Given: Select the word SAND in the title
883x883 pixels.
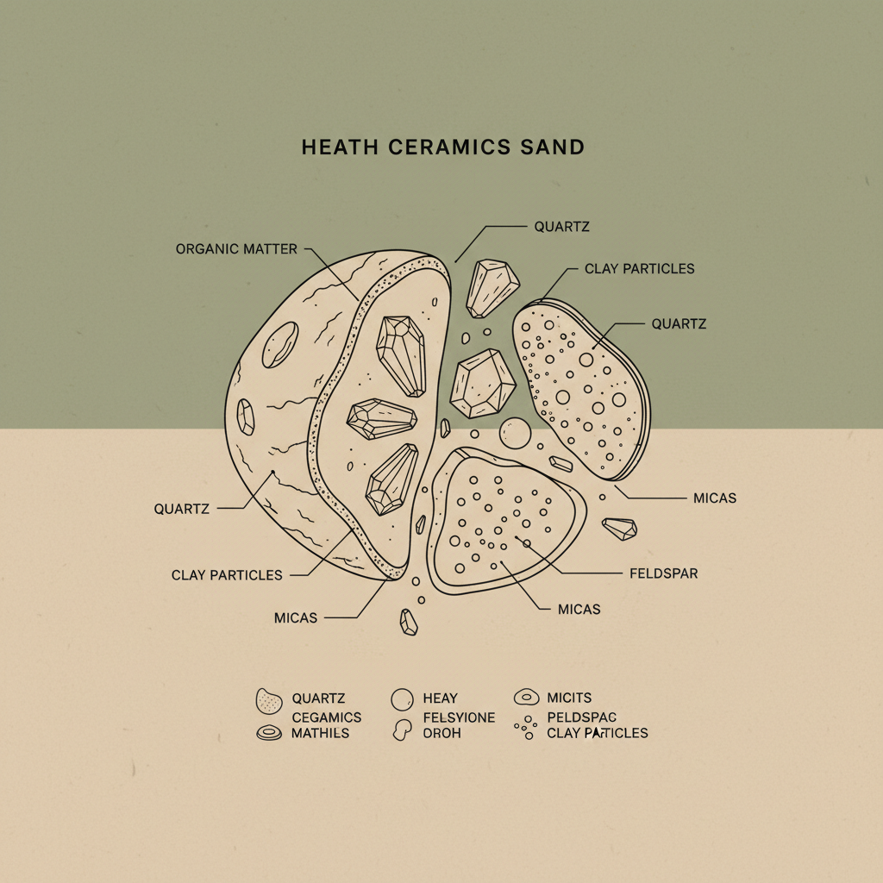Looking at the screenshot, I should click(553, 147).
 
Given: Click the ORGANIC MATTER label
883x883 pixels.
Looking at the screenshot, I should click(236, 249).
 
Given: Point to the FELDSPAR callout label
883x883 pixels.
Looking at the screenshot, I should click(663, 573).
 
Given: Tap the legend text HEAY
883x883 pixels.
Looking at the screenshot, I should click(440, 698).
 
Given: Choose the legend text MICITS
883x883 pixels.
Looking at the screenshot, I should click(569, 698).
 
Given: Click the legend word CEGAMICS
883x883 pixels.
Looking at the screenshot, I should click(327, 717).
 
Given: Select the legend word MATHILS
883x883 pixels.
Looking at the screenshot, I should click(321, 733).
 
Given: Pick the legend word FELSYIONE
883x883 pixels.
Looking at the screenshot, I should click(459, 717).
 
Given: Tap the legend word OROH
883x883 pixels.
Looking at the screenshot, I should click(442, 733).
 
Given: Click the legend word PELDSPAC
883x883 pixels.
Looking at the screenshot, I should click(582, 717).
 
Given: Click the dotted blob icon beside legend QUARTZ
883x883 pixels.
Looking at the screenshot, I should click(269, 701).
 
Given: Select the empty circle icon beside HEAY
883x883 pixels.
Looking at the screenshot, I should click(403, 699).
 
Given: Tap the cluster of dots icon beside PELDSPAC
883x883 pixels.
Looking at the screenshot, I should click(524, 729).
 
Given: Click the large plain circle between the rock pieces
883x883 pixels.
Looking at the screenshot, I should click(515, 433).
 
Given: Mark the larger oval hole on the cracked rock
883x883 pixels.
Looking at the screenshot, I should click(280, 344).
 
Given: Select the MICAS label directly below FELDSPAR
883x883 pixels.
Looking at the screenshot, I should click(579, 609).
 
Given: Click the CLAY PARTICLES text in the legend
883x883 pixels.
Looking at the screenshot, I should click(597, 733).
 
